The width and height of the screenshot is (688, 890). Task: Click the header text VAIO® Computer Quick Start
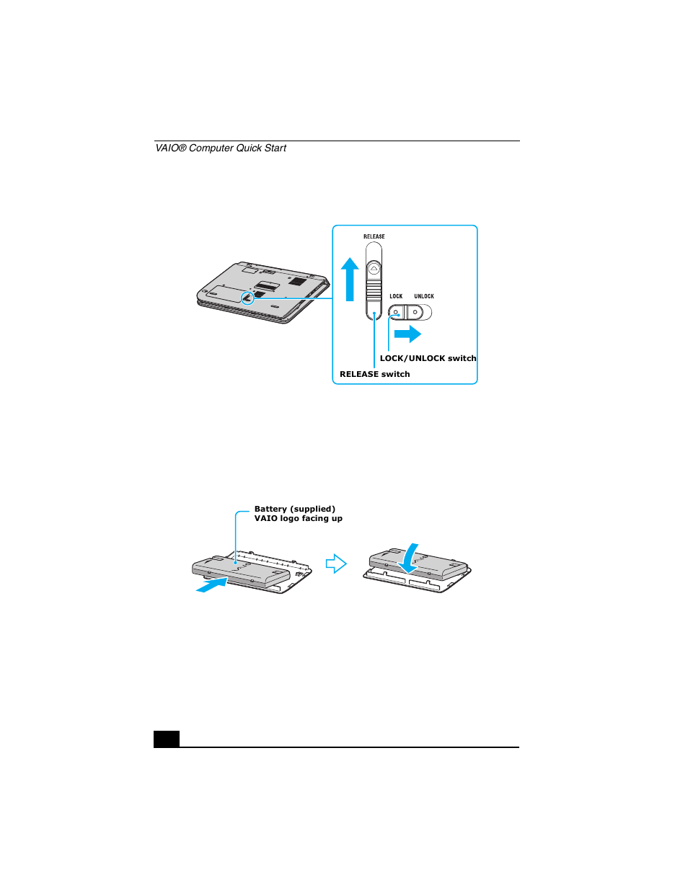221,148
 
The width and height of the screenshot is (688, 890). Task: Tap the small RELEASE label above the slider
374,236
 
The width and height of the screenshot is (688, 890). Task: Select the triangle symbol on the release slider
374,269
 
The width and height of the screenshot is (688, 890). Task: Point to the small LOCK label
396,296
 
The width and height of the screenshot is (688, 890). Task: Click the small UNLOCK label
424,296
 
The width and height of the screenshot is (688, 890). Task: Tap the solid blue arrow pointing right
408,334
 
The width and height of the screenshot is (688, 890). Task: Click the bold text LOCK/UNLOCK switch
428,358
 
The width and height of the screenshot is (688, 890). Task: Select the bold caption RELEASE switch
374,374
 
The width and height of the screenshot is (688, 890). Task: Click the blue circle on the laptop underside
247,297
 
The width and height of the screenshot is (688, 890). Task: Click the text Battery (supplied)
294,509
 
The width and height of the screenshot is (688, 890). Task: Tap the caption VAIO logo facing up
298,518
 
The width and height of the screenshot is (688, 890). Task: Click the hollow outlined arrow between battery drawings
336,564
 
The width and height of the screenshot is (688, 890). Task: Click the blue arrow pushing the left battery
211,585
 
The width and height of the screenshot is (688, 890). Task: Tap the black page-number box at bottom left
167,739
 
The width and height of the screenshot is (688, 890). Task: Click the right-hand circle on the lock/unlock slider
415,312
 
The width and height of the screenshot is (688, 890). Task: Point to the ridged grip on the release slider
374,290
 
